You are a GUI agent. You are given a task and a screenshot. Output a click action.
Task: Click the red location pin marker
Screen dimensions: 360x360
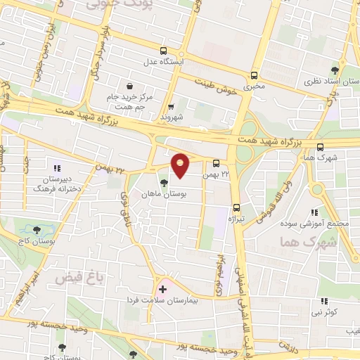click(181, 165)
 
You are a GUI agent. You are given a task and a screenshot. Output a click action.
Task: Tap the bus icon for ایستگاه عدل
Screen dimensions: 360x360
click(163, 51)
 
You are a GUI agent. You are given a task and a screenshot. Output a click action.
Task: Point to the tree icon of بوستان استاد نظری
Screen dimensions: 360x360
click(335, 70)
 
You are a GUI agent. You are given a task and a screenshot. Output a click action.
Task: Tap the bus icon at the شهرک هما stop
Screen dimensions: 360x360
click(321, 147)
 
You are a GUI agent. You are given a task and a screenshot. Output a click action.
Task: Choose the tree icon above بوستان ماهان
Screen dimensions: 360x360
click(163, 183)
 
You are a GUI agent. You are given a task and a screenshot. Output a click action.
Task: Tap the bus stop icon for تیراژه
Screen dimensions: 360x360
click(236, 207)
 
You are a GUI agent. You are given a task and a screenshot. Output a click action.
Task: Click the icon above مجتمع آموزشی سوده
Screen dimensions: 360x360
click(315, 212)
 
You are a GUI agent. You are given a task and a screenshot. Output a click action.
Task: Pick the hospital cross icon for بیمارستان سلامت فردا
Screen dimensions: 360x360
click(163, 288)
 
